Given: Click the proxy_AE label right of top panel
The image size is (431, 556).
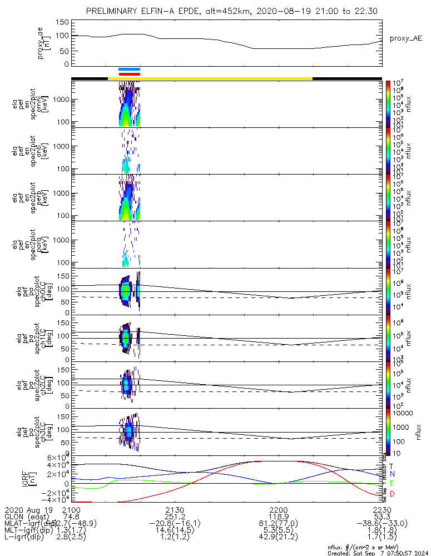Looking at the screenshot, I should (x=405, y=38).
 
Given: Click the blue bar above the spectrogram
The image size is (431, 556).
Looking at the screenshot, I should (x=129, y=69).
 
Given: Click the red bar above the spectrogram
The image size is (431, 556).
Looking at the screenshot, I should (x=129, y=73).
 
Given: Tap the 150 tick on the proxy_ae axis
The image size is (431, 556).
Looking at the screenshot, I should (x=62, y=22).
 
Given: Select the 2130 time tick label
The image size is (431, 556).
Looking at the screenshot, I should (x=175, y=509).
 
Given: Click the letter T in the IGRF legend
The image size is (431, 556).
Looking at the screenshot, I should (x=392, y=466).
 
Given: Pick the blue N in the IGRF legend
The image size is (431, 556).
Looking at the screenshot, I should (x=392, y=474).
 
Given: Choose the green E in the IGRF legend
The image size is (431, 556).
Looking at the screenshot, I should (x=392, y=484).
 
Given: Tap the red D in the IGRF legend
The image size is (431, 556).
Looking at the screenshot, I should (x=392, y=493).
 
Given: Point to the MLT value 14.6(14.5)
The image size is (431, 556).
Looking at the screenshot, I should (x=175, y=530).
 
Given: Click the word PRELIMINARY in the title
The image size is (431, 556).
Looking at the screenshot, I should (x=116, y=11).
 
